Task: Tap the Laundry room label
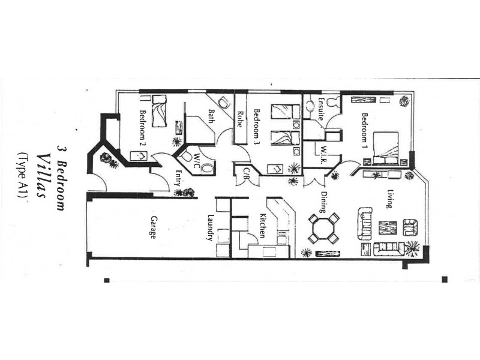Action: pos(211,227)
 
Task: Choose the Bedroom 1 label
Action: pos(364,130)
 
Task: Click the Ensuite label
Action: pos(321,110)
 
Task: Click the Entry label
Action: pos(178,178)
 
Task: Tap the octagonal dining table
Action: pos(323,229)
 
